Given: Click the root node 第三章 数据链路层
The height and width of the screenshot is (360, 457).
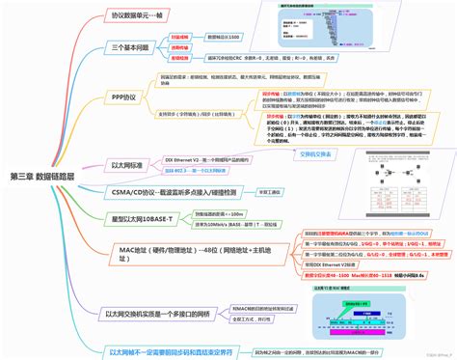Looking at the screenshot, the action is coord(46,176).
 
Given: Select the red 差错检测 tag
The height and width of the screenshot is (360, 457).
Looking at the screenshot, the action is coord(179,58).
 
